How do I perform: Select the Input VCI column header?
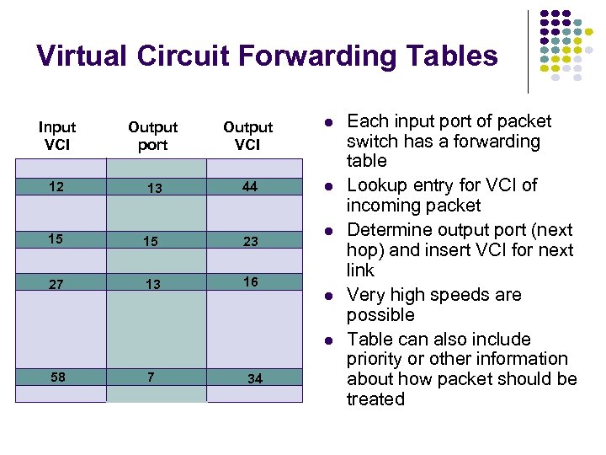pos(57,136)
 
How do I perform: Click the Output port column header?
pos(152,136)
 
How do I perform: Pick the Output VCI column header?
pos(247,136)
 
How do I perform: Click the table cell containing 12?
pos(56,186)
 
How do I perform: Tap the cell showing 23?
pos(251,241)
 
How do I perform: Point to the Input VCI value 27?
pos(56,284)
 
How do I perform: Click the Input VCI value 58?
pos(58,377)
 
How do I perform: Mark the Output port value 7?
pos(151,377)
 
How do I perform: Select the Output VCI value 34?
pos(254,379)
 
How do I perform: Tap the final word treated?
pos(375,399)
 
